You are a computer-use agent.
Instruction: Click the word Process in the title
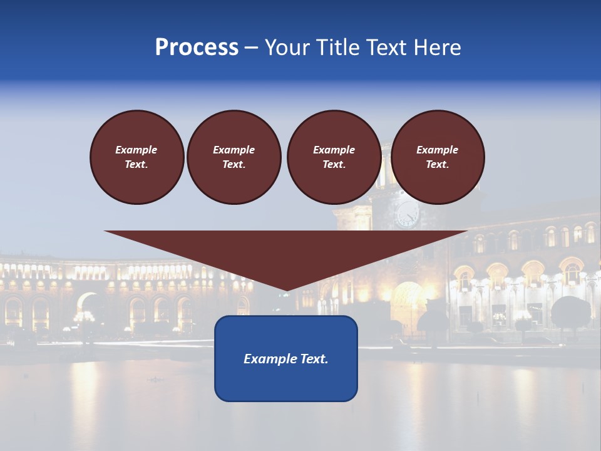(x=197, y=48)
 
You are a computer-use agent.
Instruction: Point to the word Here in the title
(x=438, y=48)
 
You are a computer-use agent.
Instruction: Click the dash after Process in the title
(x=252, y=48)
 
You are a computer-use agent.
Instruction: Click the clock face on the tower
(x=408, y=214)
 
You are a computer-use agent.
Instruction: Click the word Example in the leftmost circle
(x=136, y=150)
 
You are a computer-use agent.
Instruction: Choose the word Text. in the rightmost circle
(x=438, y=164)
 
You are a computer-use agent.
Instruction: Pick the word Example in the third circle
(x=334, y=150)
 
